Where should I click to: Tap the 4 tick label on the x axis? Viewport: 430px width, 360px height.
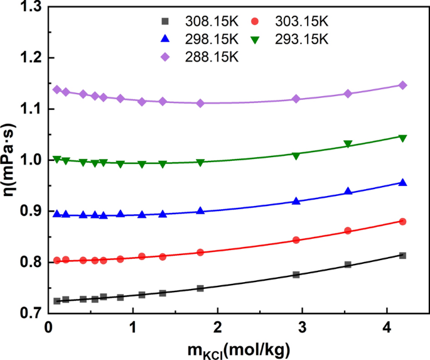tap(386, 329)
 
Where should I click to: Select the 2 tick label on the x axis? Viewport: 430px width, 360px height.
tap(217, 329)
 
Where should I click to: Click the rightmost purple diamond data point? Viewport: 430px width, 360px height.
tap(403, 85)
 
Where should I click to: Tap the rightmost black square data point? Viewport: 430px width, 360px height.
tap(403, 255)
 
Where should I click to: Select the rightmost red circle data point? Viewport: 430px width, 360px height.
tap(403, 221)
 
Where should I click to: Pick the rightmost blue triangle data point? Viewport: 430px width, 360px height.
tap(403, 182)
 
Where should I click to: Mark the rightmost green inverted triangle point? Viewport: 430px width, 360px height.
tap(403, 138)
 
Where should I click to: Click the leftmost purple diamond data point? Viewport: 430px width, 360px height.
tap(57, 90)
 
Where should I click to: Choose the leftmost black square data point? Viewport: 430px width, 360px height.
tap(57, 301)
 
